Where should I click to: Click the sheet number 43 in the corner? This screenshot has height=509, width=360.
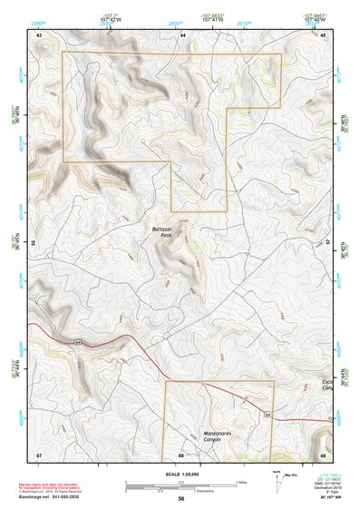point(39,34)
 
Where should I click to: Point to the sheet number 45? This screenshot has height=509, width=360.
point(324,34)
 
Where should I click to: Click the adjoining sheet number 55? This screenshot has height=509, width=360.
point(33,243)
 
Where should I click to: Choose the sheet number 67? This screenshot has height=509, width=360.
point(39,454)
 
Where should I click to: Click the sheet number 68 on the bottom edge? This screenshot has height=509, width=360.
point(181,454)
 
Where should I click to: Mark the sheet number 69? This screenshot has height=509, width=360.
point(324,454)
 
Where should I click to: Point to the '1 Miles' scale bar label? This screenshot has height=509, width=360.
point(240,482)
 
